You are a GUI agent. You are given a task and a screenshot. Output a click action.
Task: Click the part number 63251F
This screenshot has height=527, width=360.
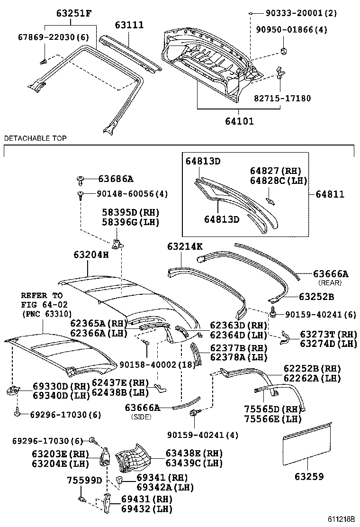pyautogui.click(x=71, y=14)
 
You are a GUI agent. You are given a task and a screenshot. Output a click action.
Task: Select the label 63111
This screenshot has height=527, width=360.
pyautogui.click(x=128, y=25)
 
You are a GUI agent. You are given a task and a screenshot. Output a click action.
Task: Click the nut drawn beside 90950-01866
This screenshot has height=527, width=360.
pyautogui.click(x=285, y=50)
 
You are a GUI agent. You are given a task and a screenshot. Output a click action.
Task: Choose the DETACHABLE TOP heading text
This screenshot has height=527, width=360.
pyautogui.click(x=36, y=138)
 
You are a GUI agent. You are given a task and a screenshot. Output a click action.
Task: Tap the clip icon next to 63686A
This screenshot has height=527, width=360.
pyautogui.click(x=81, y=179)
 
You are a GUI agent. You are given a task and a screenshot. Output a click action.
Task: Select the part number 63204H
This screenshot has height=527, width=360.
pyautogui.click(x=91, y=255)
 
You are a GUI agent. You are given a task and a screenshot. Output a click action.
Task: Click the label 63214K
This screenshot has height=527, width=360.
pyautogui.click(x=185, y=246)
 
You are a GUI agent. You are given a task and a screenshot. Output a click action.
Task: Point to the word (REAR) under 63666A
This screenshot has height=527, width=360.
pyautogui.click(x=330, y=282)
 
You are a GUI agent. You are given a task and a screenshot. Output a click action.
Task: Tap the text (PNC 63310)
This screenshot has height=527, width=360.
pyautogui.click(x=46, y=313)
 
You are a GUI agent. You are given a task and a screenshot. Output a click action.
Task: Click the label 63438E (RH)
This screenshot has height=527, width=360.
pyautogui.click(x=194, y=454)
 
